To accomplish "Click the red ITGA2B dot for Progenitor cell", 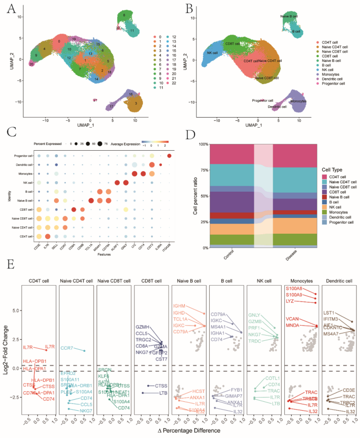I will [169, 155].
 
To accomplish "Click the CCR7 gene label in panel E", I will [67, 348].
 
